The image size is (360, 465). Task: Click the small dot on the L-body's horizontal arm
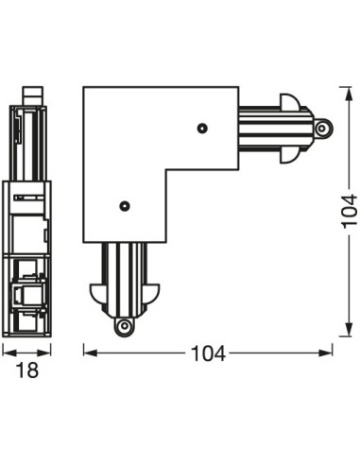pyautogui.click(x=202, y=126)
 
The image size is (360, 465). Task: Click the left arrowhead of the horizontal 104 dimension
pyautogui.click(x=88, y=353)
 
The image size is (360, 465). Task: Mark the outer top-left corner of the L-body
pyautogui.click(x=84, y=88)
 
